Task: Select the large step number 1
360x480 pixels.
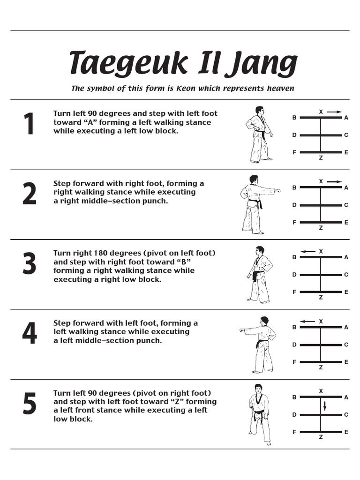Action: coord(29,126)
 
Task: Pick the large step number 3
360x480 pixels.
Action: coord(29,265)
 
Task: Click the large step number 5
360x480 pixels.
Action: coord(29,405)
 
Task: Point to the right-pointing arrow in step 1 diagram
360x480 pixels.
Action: coord(334,112)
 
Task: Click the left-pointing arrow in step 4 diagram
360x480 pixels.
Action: coord(307,322)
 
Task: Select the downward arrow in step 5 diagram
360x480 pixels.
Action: coord(324,405)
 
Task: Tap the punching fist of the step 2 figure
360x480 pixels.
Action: coord(278,191)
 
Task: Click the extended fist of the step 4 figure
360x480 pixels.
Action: coord(242,330)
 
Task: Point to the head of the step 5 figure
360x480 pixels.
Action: coord(257,389)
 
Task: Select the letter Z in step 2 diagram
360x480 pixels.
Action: coord(321,228)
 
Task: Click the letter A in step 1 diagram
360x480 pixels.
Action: coord(346,118)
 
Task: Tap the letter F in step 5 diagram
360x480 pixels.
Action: coord(294,432)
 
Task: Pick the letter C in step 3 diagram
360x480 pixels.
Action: coord(346,275)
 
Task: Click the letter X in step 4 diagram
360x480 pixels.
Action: coord(321,322)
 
